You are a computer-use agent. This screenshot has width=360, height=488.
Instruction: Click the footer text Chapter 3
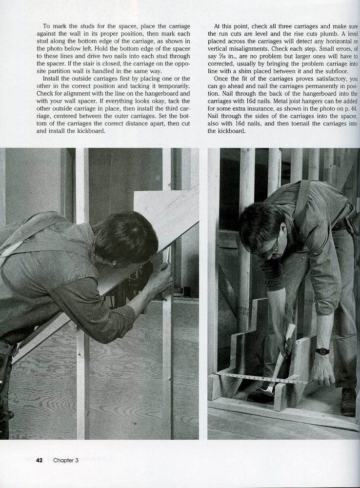point(65,459)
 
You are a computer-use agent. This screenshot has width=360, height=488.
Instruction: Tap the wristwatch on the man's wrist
point(322,351)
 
